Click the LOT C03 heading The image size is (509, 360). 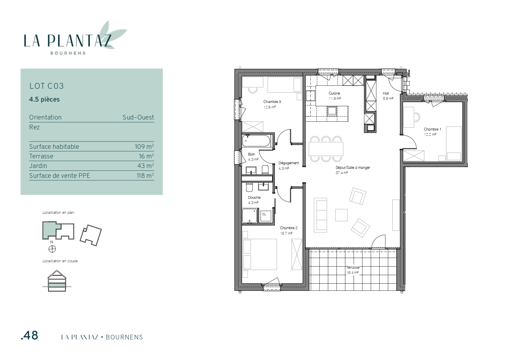coord(46,86)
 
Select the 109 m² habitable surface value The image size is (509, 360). coord(144,146)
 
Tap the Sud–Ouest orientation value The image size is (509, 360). coord(138,117)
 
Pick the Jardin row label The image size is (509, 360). coord(38,166)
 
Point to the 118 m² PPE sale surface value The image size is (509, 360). coord(145,176)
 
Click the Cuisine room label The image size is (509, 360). coord(334,93)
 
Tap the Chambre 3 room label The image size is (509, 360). coord(272,102)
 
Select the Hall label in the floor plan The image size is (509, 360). coord(386,93)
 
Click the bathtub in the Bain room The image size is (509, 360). coord(257,141)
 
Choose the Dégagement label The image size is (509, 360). coord(288,163)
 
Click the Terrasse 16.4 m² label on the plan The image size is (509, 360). coord(352,270)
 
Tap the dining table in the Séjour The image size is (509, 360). coord(326,149)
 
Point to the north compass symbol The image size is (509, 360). coord(52,249)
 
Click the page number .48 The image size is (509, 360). coord(30,336)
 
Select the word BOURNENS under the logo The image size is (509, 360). coord(68,53)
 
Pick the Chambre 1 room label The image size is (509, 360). coord(432,129)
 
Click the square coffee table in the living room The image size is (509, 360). coord(341,215)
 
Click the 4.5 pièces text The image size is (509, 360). coord(44,100)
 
